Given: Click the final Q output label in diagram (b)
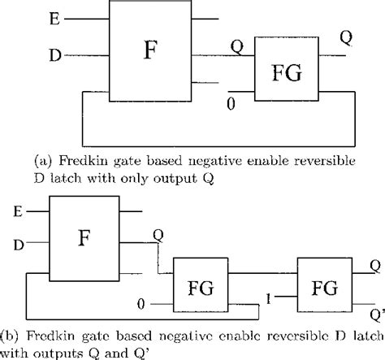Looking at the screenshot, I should (374, 265).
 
